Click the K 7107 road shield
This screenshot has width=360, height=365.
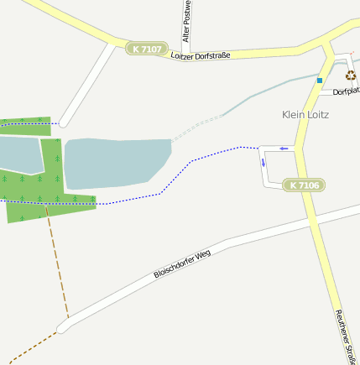click(147, 50)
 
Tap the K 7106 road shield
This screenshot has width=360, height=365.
click(304, 185)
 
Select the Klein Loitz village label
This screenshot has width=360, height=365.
click(305, 114)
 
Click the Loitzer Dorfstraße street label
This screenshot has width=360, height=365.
click(200, 56)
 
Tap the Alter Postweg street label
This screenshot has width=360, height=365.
click(186, 21)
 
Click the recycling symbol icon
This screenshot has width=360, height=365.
click(350, 76)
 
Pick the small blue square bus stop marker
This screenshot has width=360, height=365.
click(320, 81)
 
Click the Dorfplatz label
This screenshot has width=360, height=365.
click(346, 91)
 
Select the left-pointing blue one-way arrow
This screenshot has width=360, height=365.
click(284, 149)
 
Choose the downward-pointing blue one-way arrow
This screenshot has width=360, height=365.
click(263, 162)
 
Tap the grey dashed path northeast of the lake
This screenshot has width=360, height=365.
click(198, 127)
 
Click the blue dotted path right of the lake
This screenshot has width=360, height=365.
click(210, 154)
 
